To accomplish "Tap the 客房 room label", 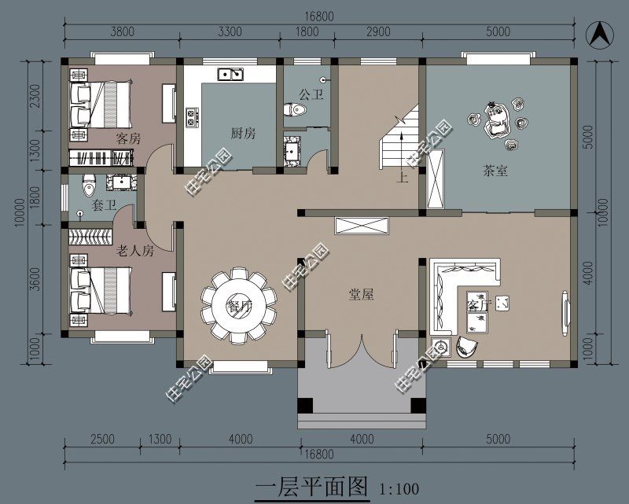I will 128,138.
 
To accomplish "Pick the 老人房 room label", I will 134,252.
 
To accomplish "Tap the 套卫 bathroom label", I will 104,206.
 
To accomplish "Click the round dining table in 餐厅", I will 239,305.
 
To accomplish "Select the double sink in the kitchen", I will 230,75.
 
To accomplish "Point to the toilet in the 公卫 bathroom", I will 296,110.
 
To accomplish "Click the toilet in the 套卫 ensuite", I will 89,185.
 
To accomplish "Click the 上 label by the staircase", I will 403,177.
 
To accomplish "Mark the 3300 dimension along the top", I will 229,32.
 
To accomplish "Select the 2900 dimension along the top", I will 377,32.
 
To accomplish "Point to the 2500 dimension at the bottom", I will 102,439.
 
